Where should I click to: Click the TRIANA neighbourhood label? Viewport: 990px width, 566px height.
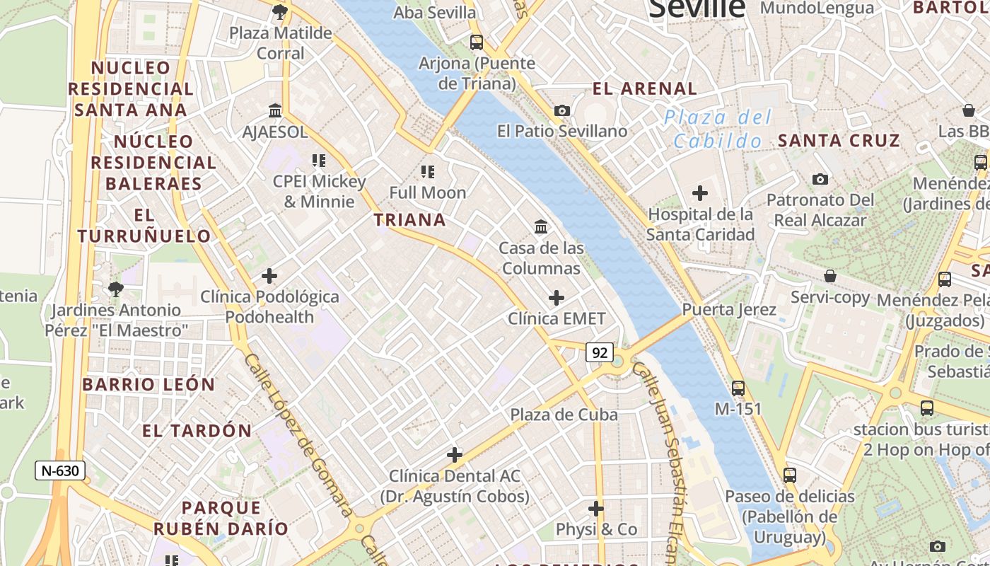410,220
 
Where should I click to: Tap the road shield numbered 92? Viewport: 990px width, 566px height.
599,352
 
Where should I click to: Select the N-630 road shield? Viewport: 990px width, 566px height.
60,470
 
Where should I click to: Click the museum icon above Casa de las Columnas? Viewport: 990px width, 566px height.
542,226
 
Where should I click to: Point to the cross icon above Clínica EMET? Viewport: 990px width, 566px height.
557,298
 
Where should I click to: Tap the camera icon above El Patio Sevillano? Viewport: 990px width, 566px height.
562,110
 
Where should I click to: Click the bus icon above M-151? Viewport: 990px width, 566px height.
738,388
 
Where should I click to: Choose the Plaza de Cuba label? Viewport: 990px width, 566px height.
564,415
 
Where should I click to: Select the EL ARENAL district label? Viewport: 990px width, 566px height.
645,89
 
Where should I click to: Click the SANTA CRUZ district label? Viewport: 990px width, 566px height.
839,140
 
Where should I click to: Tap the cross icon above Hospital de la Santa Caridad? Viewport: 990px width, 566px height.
700,192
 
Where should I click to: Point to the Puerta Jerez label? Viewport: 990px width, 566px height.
729,310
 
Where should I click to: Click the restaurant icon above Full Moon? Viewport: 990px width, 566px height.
427,171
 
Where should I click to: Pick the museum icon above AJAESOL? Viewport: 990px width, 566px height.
275,111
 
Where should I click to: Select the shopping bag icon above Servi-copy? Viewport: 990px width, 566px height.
830,276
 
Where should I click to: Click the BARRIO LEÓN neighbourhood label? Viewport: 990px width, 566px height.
148,385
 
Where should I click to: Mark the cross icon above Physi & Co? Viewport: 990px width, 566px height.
596,509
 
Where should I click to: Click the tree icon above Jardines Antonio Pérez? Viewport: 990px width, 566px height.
116,289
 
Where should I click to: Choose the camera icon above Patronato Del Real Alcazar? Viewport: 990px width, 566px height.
820,180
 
